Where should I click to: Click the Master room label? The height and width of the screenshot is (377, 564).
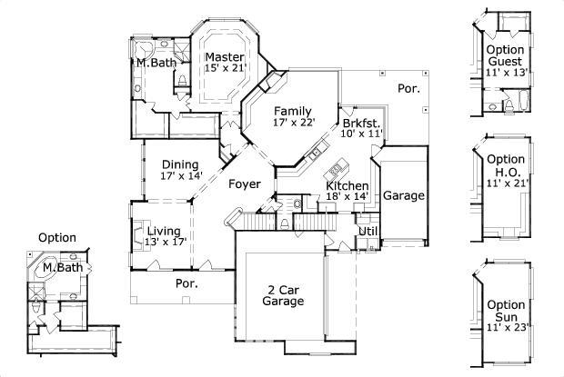(224, 56)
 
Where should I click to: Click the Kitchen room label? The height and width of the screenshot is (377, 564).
(347, 185)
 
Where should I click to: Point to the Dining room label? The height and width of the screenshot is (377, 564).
(180, 164)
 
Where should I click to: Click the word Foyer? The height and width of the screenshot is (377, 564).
(245, 184)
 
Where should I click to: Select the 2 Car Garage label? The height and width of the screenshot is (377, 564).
(284, 295)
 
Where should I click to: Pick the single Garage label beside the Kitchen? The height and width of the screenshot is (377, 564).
(403, 195)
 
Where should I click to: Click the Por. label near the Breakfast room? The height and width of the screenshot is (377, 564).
(408, 88)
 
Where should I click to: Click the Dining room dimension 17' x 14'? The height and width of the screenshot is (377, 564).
(180, 176)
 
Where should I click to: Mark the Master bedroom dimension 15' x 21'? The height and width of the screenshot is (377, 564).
(224, 68)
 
